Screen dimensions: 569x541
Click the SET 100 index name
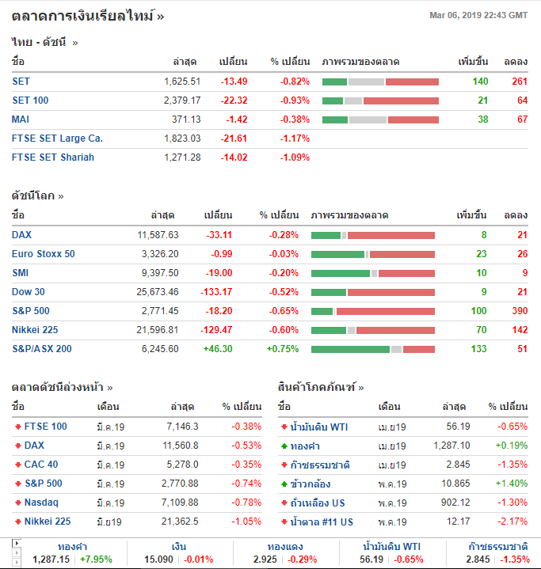30,101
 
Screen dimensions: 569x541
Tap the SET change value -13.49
234,82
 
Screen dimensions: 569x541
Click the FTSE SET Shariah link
53,157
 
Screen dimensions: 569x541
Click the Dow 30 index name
29,292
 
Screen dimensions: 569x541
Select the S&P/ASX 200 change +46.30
217,349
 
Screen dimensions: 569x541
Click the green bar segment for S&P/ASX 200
350,349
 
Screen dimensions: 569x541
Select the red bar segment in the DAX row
391,235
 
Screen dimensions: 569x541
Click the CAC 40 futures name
40,465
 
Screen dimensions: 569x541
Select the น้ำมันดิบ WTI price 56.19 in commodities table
458,427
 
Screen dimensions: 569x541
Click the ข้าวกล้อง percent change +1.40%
511,484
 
